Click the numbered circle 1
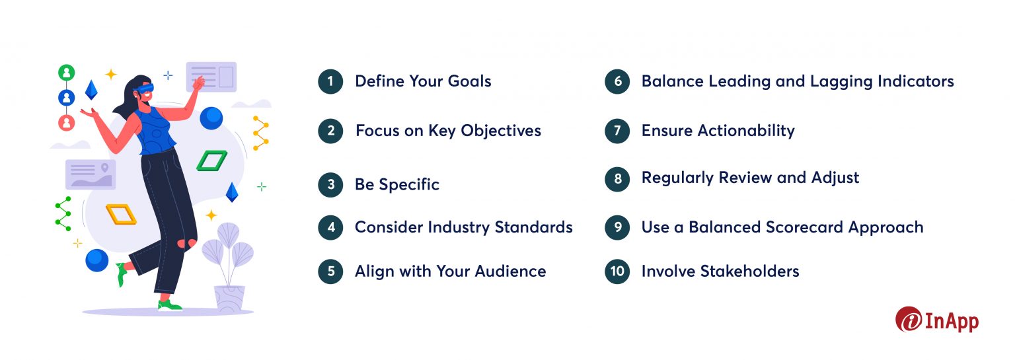pos(330,82)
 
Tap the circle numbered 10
pos(617,271)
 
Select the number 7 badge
pos(617,131)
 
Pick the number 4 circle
pos(330,228)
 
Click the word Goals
pos(467,82)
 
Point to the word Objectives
pos(501,131)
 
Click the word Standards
pos(537,228)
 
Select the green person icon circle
pos(66,73)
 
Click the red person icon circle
pos(66,123)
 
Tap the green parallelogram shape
pos(211,161)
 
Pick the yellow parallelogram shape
pos(121,214)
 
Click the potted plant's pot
pos(229,299)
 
